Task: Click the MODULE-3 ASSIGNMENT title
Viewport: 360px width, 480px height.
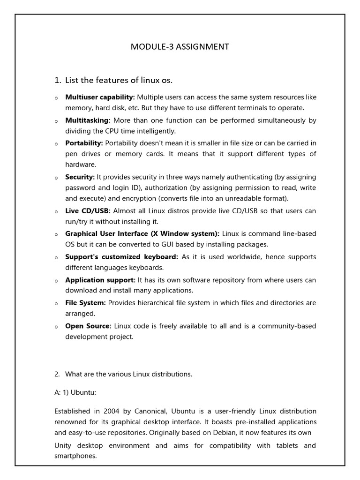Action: (x=180, y=46)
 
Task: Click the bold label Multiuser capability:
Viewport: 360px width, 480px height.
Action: (x=100, y=97)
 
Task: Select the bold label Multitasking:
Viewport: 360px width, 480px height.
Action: (x=88, y=120)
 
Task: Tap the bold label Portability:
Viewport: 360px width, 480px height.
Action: (x=84, y=143)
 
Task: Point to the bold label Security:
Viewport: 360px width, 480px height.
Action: (x=80, y=177)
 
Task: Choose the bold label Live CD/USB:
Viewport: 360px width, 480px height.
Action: (x=88, y=211)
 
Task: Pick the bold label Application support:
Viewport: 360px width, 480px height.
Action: (x=100, y=280)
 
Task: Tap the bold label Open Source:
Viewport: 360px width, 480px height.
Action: (x=88, y=326)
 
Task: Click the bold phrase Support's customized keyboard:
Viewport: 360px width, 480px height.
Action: (x=121, y=257)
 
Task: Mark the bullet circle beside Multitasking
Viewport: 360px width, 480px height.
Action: (x=56, y=121)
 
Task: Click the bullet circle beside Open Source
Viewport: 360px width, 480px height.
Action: (x=56, y=327)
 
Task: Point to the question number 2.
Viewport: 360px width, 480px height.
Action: (x=57, y=374)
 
